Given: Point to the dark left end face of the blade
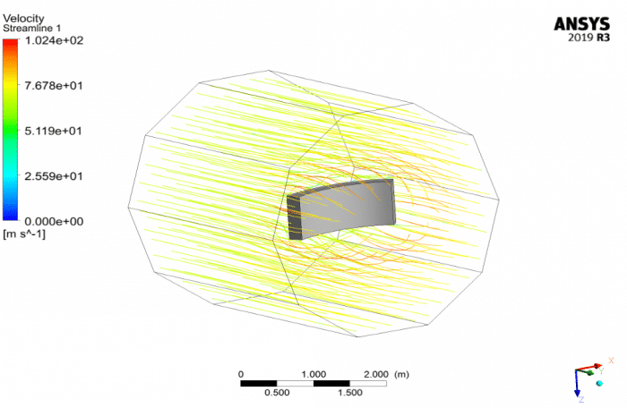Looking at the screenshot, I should point(293,218).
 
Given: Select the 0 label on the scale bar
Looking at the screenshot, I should point(241,373).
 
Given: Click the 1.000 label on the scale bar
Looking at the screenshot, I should point(313,373).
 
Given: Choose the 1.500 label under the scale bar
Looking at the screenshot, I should point(350,393).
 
